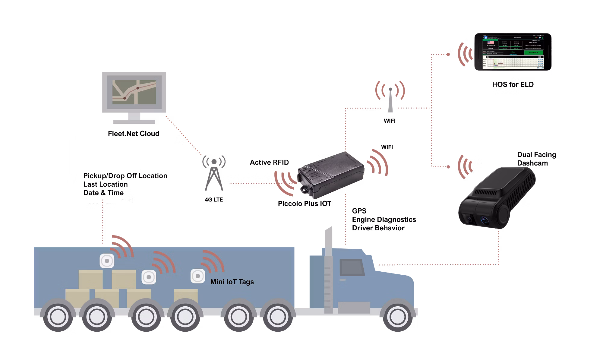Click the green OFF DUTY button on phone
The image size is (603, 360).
click(533, 52)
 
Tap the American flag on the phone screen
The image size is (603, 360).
click(490, 42)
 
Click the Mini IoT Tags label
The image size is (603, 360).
click(232, 282)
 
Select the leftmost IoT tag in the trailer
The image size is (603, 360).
click(107, 261)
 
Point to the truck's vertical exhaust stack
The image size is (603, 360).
click(328, 271)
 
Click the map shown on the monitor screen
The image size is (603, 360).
click(134, 92)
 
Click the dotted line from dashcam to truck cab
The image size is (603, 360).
click(437, 265)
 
